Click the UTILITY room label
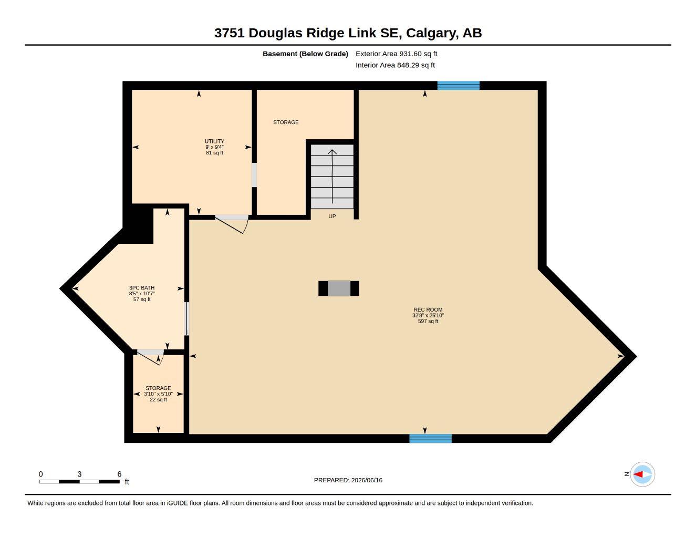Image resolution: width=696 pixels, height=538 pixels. [x=214, y=141]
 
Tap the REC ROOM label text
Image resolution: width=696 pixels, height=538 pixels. [x=428, y=309]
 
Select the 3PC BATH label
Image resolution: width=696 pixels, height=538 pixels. [x=142, y=287]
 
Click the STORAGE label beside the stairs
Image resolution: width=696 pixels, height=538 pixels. [x=286, y=122]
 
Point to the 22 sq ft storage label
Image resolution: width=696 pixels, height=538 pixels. [x=158, y=394]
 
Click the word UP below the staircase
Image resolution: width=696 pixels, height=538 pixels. [x=332, y=216]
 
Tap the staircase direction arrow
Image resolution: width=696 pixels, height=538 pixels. [x=332, y=176]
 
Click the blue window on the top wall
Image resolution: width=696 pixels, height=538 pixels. [x=459, y=86]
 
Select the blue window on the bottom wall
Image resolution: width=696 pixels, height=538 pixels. [x=431, y=438]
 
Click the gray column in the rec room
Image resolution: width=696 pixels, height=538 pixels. [x=339, y=288]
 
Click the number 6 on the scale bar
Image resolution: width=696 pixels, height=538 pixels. [x=119, y=474]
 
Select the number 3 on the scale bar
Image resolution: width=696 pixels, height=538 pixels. [x=79, y=474]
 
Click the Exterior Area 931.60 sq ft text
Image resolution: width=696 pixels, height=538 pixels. [x=396, y=54]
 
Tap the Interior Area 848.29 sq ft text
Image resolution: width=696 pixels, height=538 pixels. [x=395, y=65]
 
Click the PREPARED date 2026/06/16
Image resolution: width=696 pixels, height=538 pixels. [x=367, y=480]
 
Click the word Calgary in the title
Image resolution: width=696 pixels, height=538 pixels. [x=432, y=34]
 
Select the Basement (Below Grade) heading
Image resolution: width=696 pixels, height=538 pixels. [x=305, y=54]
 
